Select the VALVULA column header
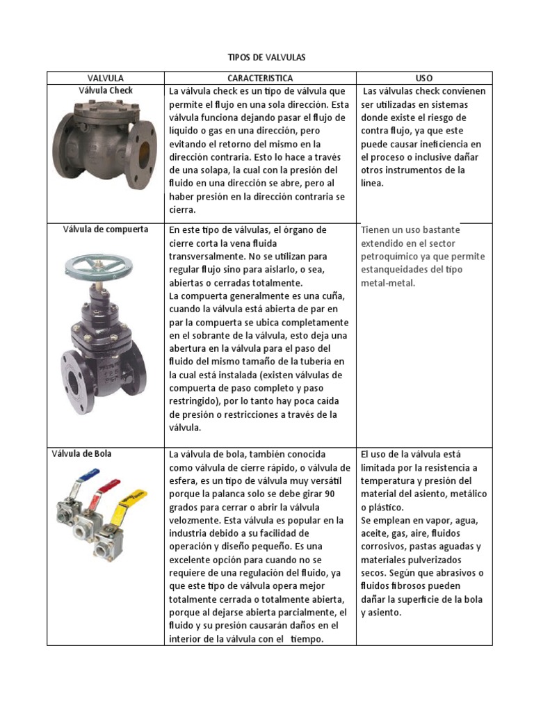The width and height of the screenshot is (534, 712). [x=106, y=78]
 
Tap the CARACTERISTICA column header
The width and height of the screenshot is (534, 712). [x=260, y=78]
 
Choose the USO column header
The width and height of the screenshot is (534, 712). [x=423, y=78]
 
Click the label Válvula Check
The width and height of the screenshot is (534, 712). [x=106, y=90]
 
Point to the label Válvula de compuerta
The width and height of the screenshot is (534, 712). [x=106, y=229]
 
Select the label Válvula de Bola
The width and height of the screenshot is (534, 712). [x=81, y=454]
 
